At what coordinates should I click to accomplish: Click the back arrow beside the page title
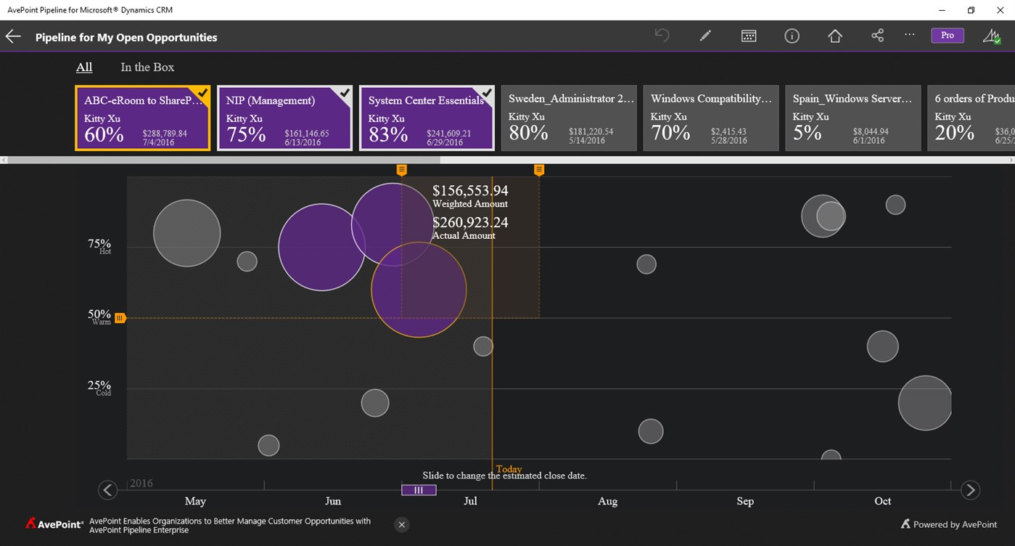click(13, 37)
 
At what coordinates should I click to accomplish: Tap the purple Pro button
click(947, 36)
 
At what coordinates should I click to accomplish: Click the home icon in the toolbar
click(834, 36)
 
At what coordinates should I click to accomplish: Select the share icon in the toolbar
click(877, 36)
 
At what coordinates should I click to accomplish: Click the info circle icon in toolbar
click(792, 36)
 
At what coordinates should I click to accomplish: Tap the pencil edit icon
click(705, 36)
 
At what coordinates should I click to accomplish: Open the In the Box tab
click(147, 68)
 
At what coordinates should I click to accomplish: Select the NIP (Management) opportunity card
click(284, 118)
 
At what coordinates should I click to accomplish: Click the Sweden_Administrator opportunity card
click(568, 118)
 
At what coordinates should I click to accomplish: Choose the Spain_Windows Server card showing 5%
click(852, 118)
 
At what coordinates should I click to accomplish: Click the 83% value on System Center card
click(388, 134)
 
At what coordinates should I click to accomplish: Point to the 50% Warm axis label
click(100, 317)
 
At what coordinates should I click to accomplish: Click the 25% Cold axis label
click(100, 388)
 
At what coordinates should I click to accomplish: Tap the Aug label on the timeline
click(607, 501)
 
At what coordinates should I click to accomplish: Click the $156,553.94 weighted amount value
click(470, 191)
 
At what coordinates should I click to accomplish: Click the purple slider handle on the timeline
click(419, 490)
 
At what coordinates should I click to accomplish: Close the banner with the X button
click(402, 524)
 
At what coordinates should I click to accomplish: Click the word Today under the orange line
click(509, 469)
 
